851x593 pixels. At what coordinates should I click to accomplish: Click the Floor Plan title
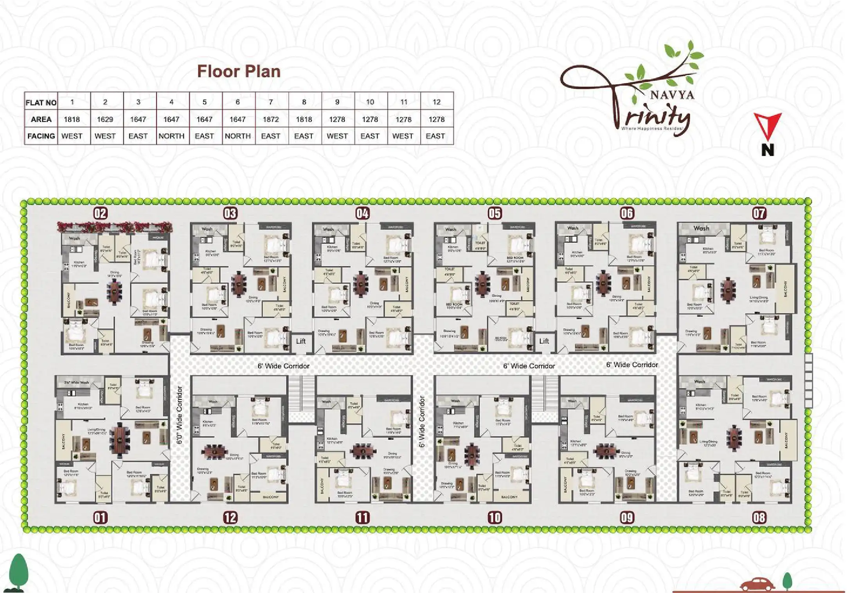click(x=239, y=72)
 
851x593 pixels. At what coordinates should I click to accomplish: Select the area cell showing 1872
click(x=271, y=119)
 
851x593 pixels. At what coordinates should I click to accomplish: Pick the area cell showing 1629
click(x=105, y=119)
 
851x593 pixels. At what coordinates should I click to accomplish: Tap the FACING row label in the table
click(x=41, y=136)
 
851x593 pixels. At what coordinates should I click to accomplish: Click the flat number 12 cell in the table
click(x=437, y=102)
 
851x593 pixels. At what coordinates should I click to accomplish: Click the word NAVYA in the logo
click(x=672, y=95)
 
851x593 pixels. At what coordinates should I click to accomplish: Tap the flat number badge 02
click(x=100, y=213)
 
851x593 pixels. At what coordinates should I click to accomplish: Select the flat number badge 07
click(x=759, y=213)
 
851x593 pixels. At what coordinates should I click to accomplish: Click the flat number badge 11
click(x=362, y=518)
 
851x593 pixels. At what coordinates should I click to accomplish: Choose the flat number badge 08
click(x=759, y=518)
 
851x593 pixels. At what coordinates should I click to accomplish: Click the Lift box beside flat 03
click(x=300, y=341)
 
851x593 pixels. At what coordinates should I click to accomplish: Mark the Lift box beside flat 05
click(x=544, y=341)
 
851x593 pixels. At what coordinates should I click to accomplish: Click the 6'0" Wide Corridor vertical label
click(x=180, y=415)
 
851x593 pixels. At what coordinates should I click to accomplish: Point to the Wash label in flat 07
click(x=701, y=228)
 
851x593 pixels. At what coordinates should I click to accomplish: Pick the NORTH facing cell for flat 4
click(x=171, y=136)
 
